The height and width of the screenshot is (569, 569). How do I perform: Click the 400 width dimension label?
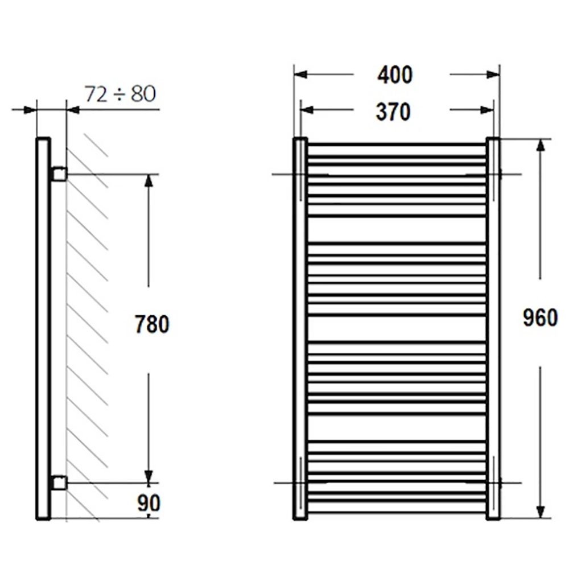pos(395,75)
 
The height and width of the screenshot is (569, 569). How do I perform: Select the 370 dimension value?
pos(393,112)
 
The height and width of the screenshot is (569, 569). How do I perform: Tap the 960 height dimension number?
pos(540,318)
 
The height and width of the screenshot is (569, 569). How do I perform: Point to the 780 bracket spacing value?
pos(152,324)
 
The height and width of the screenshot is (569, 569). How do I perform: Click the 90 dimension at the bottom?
pos(149,503)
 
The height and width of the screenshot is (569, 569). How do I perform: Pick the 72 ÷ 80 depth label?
pos(120,94)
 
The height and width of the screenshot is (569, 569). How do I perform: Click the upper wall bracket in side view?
pos(60,174)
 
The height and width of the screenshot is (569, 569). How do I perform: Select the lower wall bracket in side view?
pos(60,483)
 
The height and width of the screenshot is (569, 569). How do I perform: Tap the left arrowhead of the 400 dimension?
pos(300,75)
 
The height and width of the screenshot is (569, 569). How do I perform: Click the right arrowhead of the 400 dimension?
pos(492,75)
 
